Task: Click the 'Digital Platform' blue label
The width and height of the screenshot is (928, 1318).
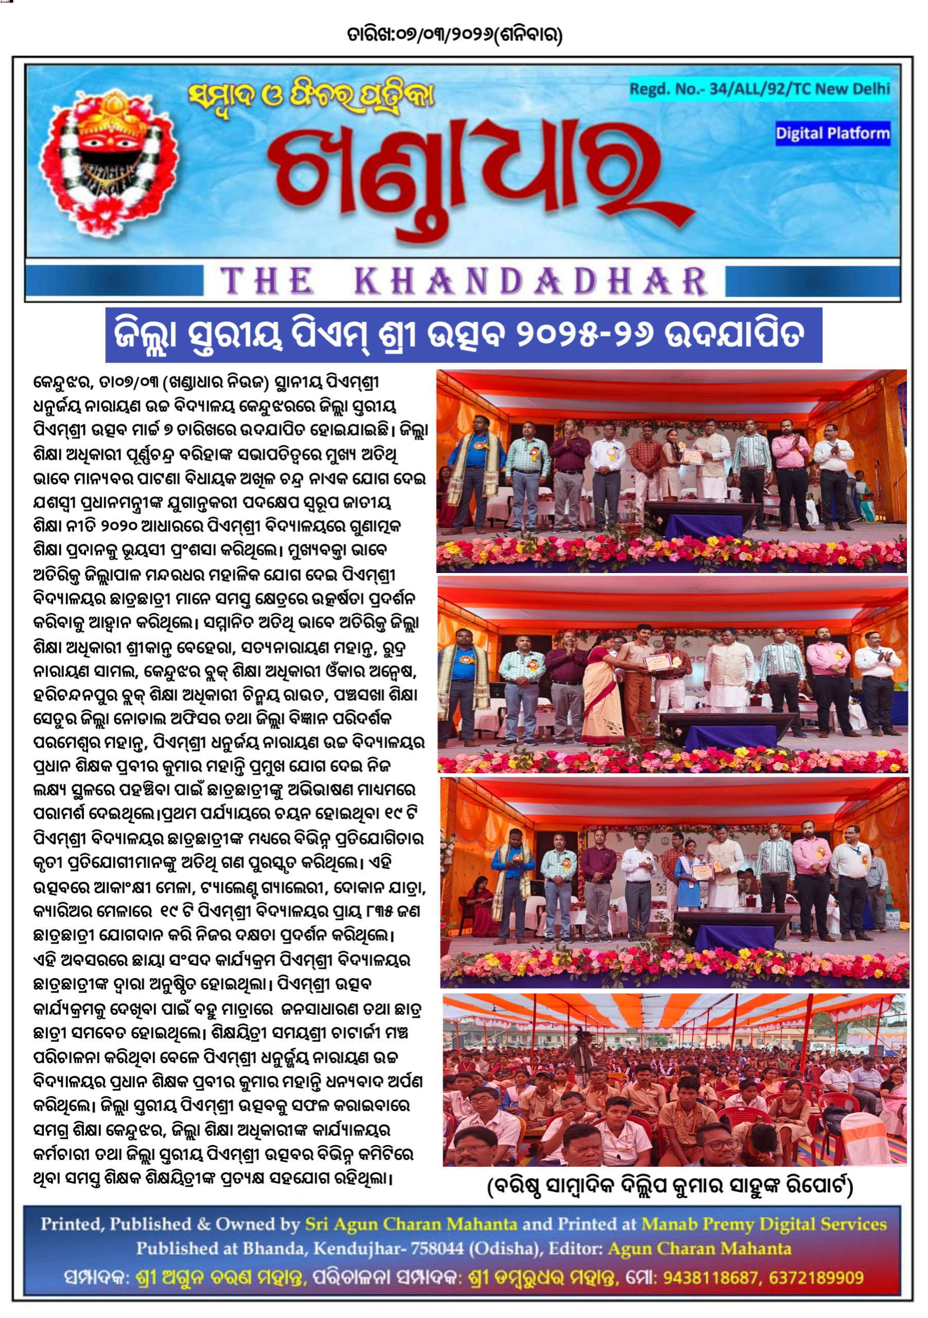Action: [x=832, y=133]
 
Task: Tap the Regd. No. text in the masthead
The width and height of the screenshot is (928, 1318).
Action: [x=759, y=89]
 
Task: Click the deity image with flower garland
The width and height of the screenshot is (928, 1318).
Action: [x=109, y=163]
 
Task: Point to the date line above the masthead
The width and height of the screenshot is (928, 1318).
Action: [x=454, y=35]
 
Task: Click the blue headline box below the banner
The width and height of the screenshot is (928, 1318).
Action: [x=463, y=335]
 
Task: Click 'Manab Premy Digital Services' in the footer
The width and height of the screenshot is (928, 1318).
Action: [x=764, y=1224]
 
